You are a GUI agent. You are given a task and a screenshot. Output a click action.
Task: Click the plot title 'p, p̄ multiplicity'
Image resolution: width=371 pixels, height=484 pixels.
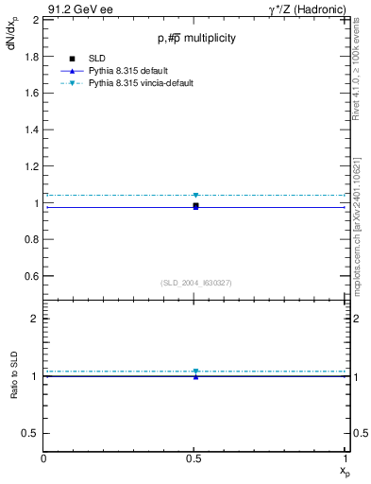point(196,38)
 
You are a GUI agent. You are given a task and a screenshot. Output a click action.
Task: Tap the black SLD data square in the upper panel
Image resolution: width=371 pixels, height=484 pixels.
point(195,205)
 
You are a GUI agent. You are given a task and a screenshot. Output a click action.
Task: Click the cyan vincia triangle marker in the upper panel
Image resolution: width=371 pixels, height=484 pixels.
point(195,196)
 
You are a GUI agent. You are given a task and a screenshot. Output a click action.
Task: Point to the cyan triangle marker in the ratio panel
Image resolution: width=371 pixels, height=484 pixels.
point(195,372)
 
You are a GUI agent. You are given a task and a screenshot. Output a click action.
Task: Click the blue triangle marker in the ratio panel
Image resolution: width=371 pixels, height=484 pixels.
point(195,377)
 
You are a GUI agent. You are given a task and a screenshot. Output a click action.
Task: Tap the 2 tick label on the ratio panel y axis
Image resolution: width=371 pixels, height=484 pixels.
point(34,319)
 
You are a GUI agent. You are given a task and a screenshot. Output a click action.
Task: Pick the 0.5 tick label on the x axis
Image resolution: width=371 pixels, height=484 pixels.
point(195,458)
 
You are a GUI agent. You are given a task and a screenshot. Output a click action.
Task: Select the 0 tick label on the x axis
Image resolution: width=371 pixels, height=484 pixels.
point(44,458)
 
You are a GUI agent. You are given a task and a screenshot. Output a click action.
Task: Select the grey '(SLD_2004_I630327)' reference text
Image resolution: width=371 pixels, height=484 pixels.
point(196,282)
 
